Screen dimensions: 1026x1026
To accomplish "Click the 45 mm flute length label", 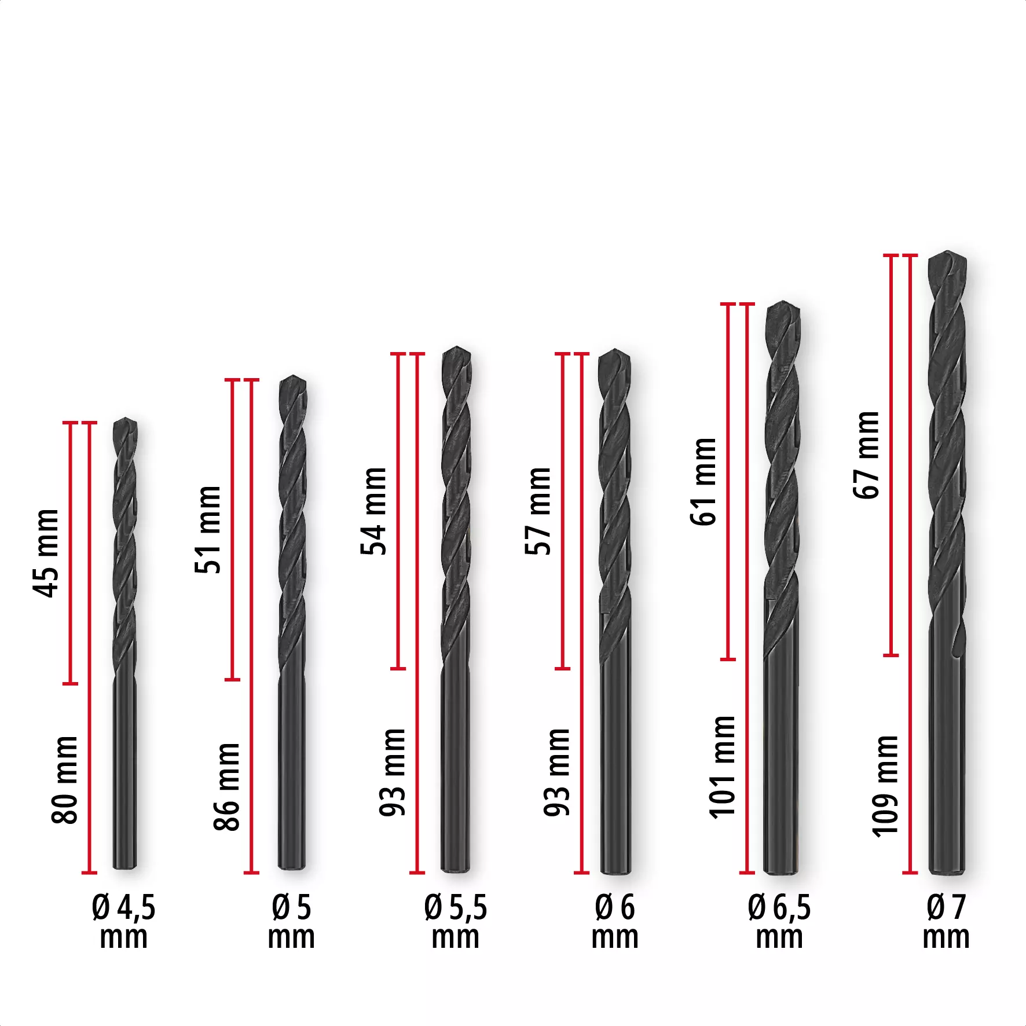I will [x=46, y=553].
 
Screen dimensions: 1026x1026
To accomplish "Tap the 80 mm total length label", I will [x=64, y=779].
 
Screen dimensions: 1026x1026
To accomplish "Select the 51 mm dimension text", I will [x=208, y=529].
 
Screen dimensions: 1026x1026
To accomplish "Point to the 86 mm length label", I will [x=226, y=787].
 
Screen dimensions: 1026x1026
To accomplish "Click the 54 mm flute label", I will [x=373, y=511].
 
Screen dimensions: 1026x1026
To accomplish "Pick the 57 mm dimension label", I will [x=538, y=511].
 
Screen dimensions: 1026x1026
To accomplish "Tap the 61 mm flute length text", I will [x=704, y=482].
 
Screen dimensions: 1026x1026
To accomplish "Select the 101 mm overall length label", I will [x=722, y=767].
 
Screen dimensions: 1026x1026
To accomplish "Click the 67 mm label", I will [x=866, y=455].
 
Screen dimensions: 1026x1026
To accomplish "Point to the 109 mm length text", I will [x=885, y=786].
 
